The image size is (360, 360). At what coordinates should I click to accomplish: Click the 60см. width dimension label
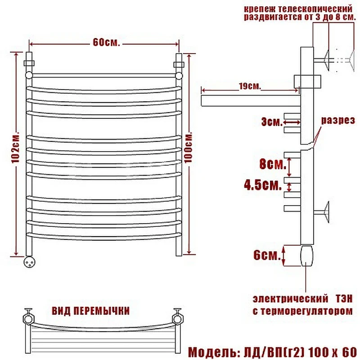tap(106, 42)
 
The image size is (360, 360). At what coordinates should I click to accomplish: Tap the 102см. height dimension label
tap(15, 148)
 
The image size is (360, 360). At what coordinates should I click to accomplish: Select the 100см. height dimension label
tap(188, 148)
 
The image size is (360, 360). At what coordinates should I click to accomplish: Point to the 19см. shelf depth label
tap(250, 86)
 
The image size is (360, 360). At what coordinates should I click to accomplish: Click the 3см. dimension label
tap(272, 122)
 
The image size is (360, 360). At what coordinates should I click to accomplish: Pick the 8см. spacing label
tap(273, 164)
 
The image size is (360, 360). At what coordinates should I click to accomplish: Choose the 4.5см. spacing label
tap(263, 185)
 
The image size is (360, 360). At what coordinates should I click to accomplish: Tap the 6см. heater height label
tap(267, 255)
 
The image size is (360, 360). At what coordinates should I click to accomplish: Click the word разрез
tap(338, 120)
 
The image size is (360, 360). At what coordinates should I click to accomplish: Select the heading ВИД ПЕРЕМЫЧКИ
tap(91, 311)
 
